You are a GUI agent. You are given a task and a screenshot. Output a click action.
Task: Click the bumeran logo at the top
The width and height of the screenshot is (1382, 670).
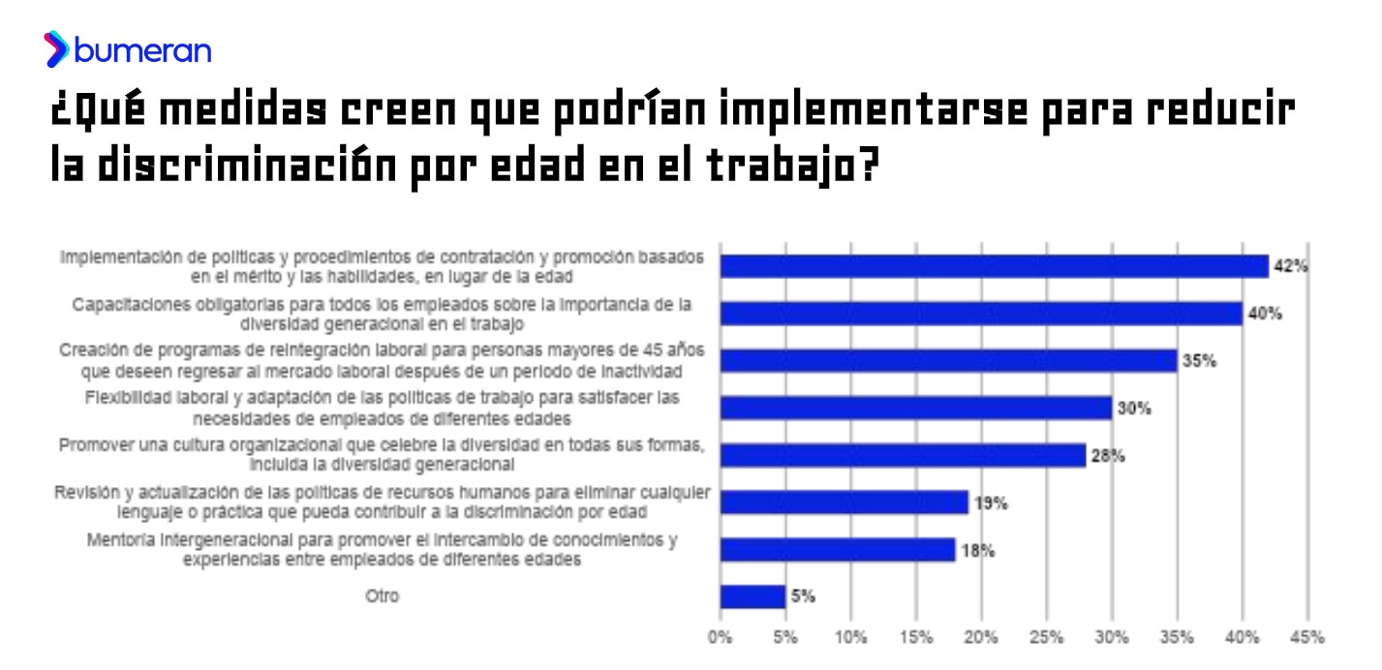(127, 49)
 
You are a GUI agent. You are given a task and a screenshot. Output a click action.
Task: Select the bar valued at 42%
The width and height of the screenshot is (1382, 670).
(994, 266)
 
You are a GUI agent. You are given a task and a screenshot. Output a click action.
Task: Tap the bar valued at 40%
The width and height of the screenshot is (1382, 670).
(980, 314)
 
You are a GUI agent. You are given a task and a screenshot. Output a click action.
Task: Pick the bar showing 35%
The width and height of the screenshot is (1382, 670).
(948, 360)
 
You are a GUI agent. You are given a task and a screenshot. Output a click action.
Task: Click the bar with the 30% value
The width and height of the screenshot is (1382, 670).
(915, 408)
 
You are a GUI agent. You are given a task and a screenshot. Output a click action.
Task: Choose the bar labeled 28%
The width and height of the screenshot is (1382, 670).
(903, 455)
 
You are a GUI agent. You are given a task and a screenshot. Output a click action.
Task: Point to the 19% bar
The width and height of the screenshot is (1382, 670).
(844, 502)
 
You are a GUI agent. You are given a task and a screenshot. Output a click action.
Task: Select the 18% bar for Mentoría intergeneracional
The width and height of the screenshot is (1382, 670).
(837, 550)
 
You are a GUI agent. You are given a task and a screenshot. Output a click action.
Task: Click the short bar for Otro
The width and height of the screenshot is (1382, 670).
(752, 596)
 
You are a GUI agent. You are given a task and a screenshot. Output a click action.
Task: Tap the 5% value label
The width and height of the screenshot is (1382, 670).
(803, 596)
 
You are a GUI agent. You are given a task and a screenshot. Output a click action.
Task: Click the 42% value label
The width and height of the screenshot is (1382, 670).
(1291, 266)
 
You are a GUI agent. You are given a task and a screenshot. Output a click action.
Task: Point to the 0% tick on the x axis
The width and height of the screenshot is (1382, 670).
(720, 637)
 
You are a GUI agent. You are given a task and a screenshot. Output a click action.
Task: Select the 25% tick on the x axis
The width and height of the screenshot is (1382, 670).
(1046, 637)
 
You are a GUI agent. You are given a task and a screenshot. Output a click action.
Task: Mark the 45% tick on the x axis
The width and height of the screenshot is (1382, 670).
(1307, 637)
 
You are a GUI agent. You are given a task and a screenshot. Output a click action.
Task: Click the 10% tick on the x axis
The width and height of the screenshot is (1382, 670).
(850, 637)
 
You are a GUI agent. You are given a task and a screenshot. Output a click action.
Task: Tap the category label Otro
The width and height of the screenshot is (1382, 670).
(382, 596)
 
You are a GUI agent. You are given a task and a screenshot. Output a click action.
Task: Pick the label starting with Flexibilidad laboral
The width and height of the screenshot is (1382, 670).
(383, 408)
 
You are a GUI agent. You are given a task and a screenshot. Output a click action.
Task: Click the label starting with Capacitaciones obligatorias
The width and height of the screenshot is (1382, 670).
(383, 314)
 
